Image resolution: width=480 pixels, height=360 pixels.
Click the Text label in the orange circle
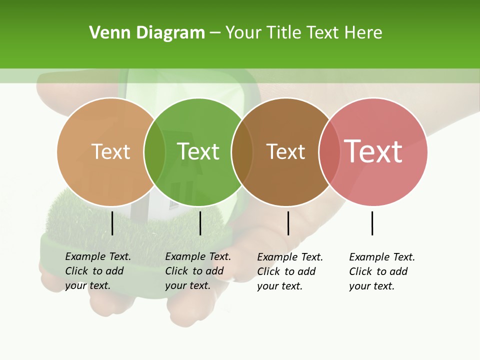coord(110,151)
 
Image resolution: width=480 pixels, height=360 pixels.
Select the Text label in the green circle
coord(198,151)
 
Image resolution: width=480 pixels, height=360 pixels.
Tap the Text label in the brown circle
coord(285,151)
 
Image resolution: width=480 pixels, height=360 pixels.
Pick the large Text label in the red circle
coord(373,151)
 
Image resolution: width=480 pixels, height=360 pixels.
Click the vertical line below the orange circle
coord(112,223)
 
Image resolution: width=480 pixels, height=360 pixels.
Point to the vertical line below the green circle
coord(200,223)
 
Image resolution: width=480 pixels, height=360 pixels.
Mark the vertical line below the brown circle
coord(288,223)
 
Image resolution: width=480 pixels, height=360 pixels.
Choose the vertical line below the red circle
coord(372,223)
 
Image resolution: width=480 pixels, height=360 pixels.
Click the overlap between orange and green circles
coord(154,152)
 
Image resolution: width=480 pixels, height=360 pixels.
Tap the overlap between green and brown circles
coord(242,152)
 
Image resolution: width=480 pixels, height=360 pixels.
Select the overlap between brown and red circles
coord(329,152)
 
